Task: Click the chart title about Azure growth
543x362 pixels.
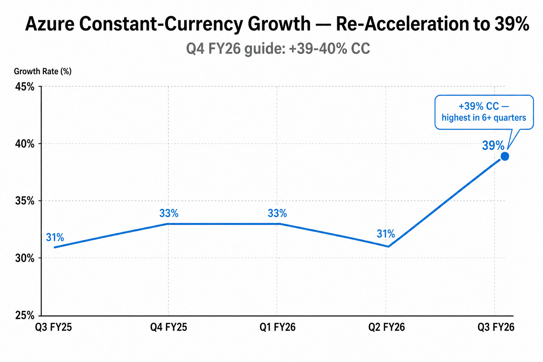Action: click(277, 24)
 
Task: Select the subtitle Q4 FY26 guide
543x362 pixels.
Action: click(278, 48)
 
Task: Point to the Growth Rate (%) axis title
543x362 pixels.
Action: click(43, 71)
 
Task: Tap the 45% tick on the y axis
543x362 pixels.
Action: click(25, 87)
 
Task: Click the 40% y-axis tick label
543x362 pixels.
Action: click(25, 144)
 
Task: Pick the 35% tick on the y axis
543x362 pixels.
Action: click(25, 201)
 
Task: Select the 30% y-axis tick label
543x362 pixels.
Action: click(25, 258)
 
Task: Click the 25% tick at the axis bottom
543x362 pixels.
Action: click(25, 315)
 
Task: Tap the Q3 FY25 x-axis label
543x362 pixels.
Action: click(53, 327)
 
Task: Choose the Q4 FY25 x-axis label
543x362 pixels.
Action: click(169, 327)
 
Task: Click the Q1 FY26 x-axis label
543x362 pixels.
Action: click(278, 327)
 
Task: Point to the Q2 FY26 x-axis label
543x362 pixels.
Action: click(386, 327)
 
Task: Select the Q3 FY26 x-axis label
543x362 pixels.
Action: click(496, 327)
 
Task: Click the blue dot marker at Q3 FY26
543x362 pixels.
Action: click(505, 156)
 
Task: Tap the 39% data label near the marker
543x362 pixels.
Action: click(493, 146)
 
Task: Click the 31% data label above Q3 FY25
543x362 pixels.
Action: click(55, 237)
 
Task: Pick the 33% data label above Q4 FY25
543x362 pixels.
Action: click(169, 214)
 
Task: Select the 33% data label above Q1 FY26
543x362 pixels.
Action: click(278, 214)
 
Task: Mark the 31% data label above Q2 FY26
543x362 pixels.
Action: click(386, 234)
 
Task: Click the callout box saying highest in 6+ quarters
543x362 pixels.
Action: click(484, 112)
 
